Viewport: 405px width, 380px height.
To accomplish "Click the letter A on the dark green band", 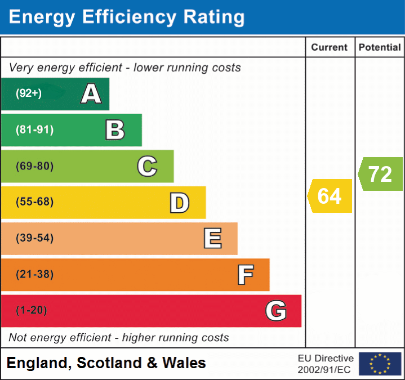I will click(91, 94).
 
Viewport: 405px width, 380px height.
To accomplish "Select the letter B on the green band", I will click(115, 130).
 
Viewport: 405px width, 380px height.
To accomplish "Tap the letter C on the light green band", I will click(147, 167).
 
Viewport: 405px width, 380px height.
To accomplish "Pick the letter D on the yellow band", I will click(180, 203).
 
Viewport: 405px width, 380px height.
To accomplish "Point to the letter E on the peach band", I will click(212, 239).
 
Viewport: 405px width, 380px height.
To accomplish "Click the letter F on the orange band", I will click(245, 275).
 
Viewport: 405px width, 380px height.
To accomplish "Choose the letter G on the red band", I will click(276, 311).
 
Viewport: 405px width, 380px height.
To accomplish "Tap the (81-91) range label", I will click(35, 130).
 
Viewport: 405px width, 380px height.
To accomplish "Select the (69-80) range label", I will click(35, 167).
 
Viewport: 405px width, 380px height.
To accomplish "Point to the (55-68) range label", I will click(35, 203).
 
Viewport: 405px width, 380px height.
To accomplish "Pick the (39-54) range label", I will click(35, 239).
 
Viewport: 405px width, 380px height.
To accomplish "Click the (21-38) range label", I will click(35, 275).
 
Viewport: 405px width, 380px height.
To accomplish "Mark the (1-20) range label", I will click(32, 311).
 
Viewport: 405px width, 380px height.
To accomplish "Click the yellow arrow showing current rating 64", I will click(331, 196).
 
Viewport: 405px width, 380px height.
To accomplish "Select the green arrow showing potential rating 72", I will click(381, 174).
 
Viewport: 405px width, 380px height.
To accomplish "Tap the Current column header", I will click(330, 48).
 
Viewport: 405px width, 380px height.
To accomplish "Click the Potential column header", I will click(380, 48).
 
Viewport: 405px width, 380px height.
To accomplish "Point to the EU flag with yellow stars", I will click(380, 364).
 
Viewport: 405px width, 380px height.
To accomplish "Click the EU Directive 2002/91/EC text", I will click(326, 364).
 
